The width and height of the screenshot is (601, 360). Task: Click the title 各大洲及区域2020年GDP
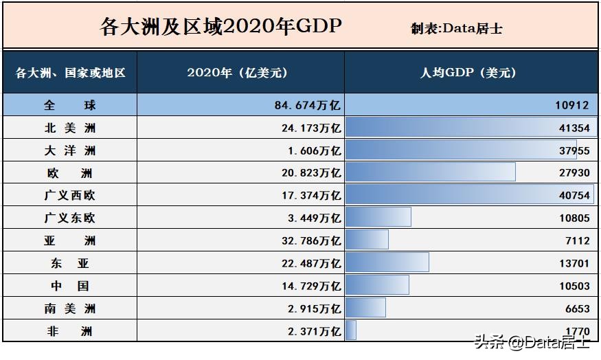click(220, 27)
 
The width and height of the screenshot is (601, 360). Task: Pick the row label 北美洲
click(69, 128)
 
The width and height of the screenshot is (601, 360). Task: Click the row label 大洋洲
click(69, 151)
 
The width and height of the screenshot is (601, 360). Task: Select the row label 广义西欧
click(69, 196)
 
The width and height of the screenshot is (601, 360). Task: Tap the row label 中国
click(69, 286)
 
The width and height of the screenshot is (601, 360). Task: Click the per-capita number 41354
click(574, 128)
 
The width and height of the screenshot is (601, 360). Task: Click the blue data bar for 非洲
click(351, 330)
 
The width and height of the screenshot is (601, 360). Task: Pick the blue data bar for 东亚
click(387, 262)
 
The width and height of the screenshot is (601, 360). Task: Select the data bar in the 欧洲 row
click(430, 172)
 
